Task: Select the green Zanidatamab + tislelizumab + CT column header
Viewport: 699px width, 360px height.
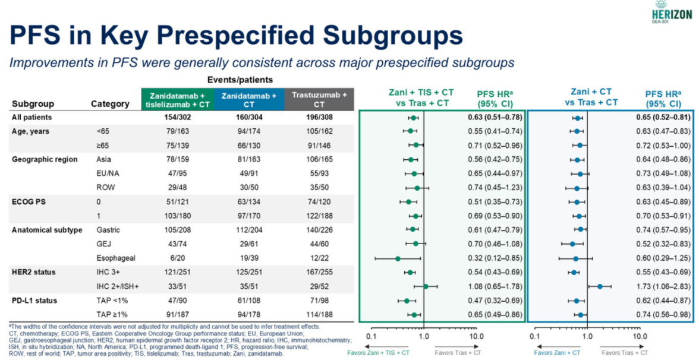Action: click(x=177, y=99)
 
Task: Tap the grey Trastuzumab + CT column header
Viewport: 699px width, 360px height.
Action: click(x=319, y=99)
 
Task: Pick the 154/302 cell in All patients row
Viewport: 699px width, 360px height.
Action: click(x=177, y=118)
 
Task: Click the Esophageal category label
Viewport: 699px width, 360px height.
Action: click(x=116, y=258)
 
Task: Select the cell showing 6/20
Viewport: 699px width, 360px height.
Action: click(x=177, y=258)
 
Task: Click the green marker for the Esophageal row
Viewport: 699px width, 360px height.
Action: click(x=398, y=258)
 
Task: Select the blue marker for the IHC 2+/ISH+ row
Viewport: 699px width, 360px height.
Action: click(x=600, y=286)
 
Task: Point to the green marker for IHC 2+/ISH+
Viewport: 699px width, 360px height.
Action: click(x=426, y=286)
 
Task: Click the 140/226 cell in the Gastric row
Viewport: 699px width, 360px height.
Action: click(x=319, y=230)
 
